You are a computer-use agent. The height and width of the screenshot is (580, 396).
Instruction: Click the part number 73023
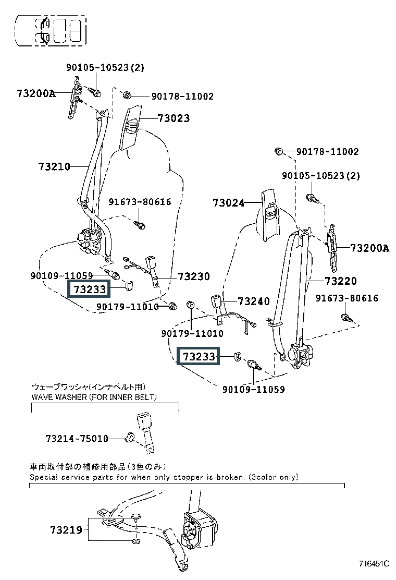[174, 118]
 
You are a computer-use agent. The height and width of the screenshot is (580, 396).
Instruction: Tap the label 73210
[54, 167]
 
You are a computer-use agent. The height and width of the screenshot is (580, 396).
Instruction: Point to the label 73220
[341, 281]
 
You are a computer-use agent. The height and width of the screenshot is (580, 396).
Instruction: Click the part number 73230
[194, 276]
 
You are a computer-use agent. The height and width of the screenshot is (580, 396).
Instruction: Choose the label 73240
[254, 301]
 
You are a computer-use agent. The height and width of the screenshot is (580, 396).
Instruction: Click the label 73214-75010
[77, 439]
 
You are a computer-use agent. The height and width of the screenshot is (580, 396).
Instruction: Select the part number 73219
[66, 530]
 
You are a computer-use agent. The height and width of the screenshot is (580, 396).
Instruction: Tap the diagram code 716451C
[374, 564]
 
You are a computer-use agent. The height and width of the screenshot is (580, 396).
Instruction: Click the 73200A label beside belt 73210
[35, 93]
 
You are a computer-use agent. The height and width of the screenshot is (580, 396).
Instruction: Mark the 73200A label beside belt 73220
[369, 248]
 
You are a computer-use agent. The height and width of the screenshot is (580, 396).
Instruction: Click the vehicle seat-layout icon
[51, 30]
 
